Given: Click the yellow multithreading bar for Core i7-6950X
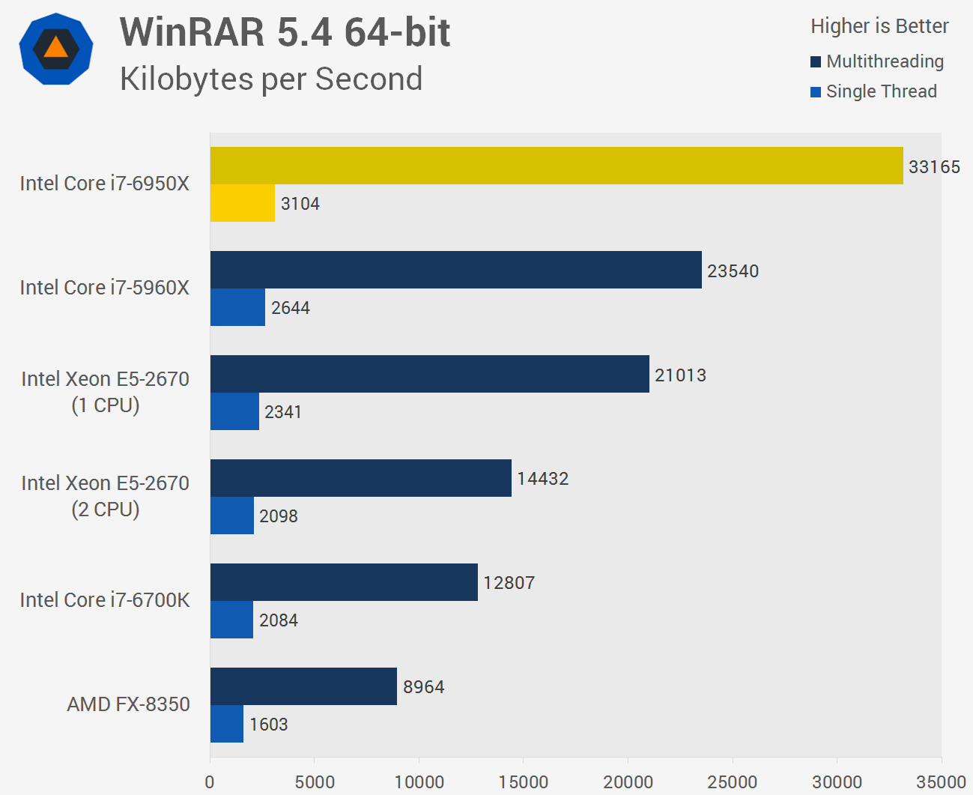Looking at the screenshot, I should (557, 166).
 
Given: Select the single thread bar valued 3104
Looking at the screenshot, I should (242, 203).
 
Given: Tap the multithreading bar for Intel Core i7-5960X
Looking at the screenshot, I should (455, 270).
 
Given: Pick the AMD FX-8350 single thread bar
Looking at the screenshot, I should (226, 724).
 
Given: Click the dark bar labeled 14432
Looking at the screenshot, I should (360, 478).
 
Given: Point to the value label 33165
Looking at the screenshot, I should (934, 167).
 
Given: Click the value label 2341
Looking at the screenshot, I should (283, 412).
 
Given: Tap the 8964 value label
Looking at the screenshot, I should (423, 687).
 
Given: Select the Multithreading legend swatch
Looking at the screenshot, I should (816, 62).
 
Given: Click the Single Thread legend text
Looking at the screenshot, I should (882, 91).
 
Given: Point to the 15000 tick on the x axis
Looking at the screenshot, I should (523, 782).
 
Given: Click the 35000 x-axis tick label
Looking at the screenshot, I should (941, 782).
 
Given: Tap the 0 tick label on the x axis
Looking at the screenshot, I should (210, 782).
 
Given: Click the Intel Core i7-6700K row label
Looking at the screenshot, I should (105, 600).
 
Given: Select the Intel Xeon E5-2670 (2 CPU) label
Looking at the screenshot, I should (105, 496).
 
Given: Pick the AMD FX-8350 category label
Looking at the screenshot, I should (128, 704).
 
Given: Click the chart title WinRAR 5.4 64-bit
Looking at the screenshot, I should (285, 32).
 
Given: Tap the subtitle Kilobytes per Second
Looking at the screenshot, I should (271, 79).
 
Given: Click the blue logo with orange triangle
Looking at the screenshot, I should (56, 49).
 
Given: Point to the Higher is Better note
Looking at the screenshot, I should (879, 26).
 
